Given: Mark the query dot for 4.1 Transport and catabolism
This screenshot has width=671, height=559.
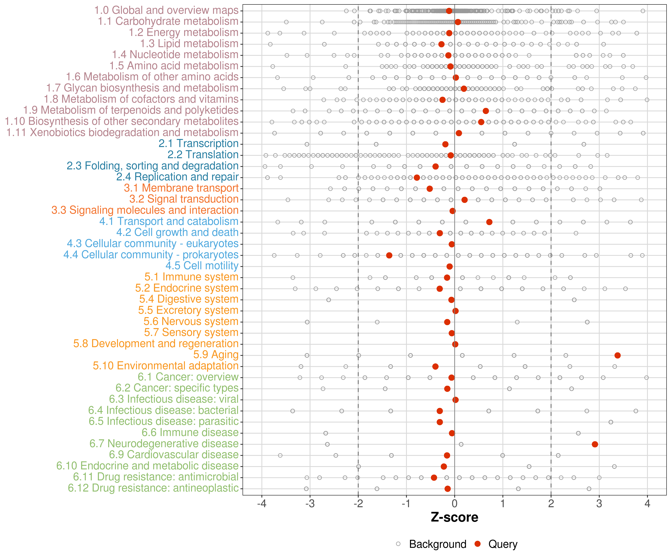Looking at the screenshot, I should click(x=489, y=222).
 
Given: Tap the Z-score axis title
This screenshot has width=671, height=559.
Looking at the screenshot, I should click(x=454, y=517).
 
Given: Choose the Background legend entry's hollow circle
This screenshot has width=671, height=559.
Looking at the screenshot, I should click(x=398, y=544).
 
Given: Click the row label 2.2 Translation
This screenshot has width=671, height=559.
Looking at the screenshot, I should click(x=203, y=155).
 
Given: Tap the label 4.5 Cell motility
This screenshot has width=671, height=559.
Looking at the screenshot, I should click(x=202, y=266).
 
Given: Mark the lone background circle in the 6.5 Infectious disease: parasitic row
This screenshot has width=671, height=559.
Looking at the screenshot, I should click(x=611, y=422).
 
